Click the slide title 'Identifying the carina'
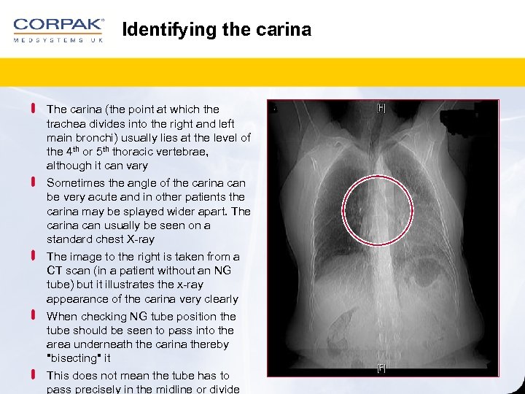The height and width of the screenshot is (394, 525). pos(217,30)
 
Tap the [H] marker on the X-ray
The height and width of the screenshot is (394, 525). pos(381,108)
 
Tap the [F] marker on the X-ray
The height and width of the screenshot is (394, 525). pos(381,368)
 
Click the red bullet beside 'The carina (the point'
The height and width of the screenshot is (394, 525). pos(34,109)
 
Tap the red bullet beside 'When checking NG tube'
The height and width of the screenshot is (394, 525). pos(34,317)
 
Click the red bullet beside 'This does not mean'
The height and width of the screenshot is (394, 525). pos(34,375)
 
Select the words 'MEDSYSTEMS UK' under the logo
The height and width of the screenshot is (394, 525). pos(58,40)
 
